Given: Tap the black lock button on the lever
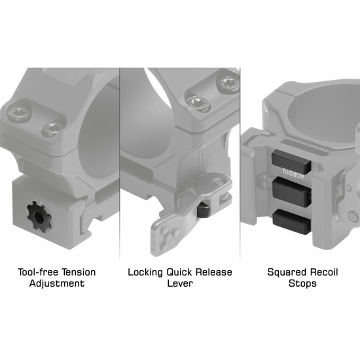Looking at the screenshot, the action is pyautogui.click(x=204, y=211).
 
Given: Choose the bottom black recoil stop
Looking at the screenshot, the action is pyautogui.click(x=292, y=221).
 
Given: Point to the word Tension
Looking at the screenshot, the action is pyautogui.click(x=79, y=272).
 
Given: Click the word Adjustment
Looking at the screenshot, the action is pyautogui.click(x=57, y=283).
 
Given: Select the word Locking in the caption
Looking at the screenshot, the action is pyautogui.click(x=145, y=272).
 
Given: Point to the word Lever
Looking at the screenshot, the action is pyautogui.click(x=180, y=283).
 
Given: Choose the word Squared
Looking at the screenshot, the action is pyautogui.click(x=287, y=272).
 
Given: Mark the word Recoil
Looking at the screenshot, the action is pyautogui.click(x=324, y=272).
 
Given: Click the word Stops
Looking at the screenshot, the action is pyautogui.click(x=302, y=283).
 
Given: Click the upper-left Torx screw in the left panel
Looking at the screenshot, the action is pyautogui.click(x=18, y=113).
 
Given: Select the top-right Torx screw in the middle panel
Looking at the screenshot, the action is pyautogui.click(x=228, y=82).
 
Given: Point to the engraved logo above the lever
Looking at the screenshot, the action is pyautogui.click(x=201, y=161).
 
